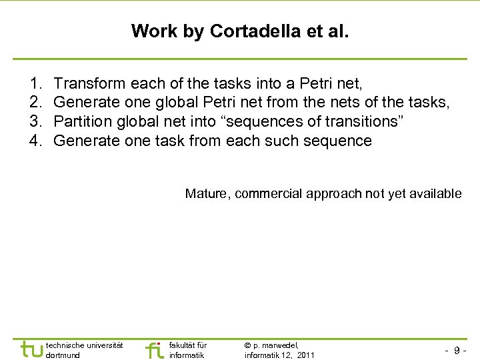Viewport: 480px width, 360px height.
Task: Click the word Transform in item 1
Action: [x=89, y=83]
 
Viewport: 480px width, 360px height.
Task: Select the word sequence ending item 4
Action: [x=337, y=141]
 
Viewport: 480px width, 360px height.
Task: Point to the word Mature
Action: [x=206, y=193]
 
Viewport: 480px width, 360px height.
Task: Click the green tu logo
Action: [x=31, y=349]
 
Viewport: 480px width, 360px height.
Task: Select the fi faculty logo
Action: [x=153, y=349]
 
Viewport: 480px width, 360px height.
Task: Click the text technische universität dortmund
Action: [x=84, y=350]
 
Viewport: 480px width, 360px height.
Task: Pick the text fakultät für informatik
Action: [x=188, y=350]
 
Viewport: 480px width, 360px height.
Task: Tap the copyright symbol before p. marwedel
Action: [x=248, y=345]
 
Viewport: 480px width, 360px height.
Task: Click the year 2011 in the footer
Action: [x=306, y=355]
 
